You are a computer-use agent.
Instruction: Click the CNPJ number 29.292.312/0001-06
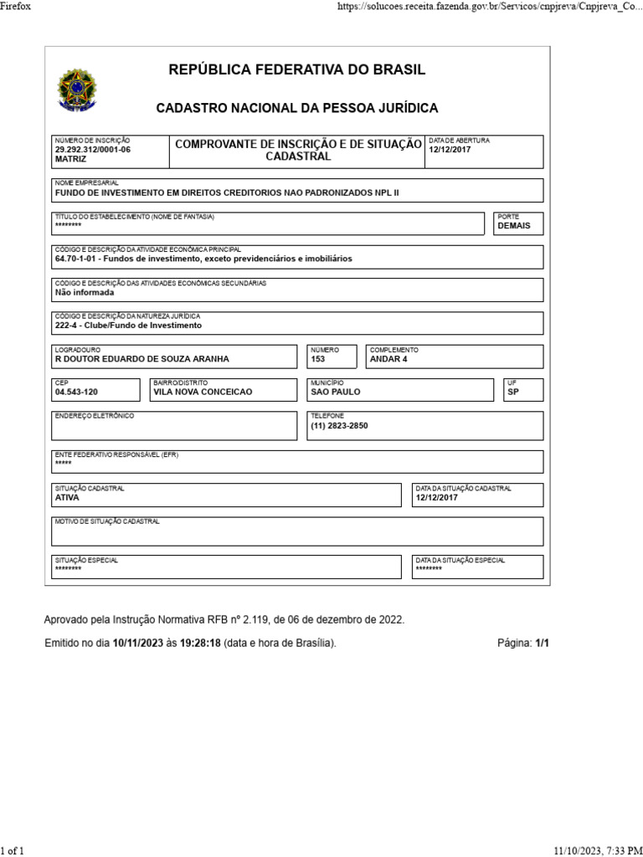tap(93, 149)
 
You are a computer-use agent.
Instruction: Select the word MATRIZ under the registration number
tap(70, 158)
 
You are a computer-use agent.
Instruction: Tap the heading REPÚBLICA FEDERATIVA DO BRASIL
tap(297, 69)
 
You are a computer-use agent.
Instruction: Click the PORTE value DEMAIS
tap(514, 226)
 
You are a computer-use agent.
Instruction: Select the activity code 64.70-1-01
tap(77, 259)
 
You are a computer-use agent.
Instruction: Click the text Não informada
tap(84, 293)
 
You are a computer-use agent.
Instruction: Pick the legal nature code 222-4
tap(66, 326)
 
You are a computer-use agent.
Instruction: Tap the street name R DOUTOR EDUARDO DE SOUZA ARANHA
tap(141, 359)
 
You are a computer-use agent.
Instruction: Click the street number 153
tap(318, 359)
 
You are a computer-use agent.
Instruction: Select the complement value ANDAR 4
tap(388, 359)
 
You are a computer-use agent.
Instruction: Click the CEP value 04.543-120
tap(76, 392)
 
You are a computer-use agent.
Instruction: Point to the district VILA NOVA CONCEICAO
tap(203, 392)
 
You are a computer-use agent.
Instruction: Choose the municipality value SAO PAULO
tap(335, 392)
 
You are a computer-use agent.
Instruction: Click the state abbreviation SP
tap(513, 392)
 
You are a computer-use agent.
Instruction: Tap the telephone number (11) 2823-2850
tap(339, 425)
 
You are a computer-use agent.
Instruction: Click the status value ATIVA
tap(67, 497)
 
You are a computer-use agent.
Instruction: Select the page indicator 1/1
tap(543, 643)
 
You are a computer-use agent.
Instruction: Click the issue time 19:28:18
tap(200, 643)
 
